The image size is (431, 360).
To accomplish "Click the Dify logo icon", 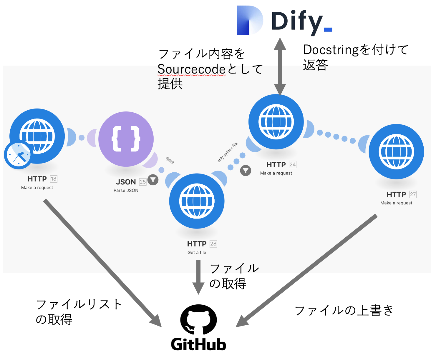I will pos(250,20).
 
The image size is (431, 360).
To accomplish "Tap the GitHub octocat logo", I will pos(198,320).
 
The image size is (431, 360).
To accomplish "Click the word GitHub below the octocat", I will pos(198,344).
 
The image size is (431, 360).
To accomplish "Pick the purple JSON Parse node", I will pos(126,139).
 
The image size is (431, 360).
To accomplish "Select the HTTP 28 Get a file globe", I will pos(197,201).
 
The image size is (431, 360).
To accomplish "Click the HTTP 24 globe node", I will pos(276,122).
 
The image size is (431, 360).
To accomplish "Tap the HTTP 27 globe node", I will pos(396,152).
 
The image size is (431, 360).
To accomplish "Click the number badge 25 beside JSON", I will pos(143,182).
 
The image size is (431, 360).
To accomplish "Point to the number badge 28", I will pos(213,244).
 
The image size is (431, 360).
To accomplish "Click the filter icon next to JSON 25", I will pos(153,180).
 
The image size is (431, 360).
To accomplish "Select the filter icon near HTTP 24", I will pos(246,170).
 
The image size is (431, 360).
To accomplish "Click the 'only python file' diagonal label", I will pos(227,152).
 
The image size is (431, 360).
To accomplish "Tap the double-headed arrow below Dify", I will pos(280,66).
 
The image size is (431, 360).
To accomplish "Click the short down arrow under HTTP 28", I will pos(198,276).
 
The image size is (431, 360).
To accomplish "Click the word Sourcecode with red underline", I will pos(191,69).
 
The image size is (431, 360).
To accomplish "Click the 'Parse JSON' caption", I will pos(126,190).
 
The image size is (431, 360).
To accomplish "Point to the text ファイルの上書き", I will pos(344,311).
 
